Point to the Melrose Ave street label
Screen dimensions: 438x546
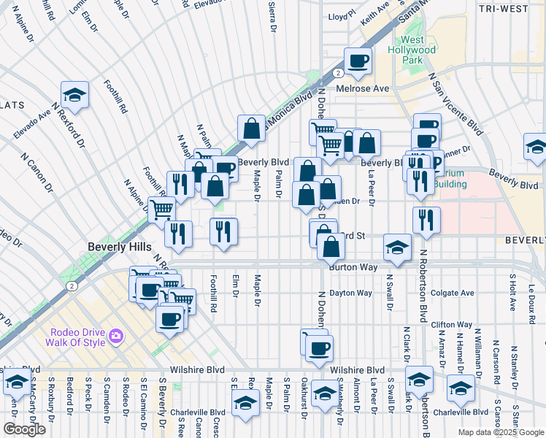[x=363, y=88]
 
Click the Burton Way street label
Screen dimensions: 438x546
[x=353, y=268]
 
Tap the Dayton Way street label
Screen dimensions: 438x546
[x=351, y=293]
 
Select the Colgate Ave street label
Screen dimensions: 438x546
[x=452, y=293]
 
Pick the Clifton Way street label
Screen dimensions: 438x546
[x=452, y=324]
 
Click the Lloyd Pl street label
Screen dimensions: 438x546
[x=340, y=15]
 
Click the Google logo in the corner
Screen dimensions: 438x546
[x=24, y=429]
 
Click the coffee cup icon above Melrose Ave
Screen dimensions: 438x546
[x=357, y=61]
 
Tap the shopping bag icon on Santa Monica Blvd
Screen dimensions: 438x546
[x=251, y=128]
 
